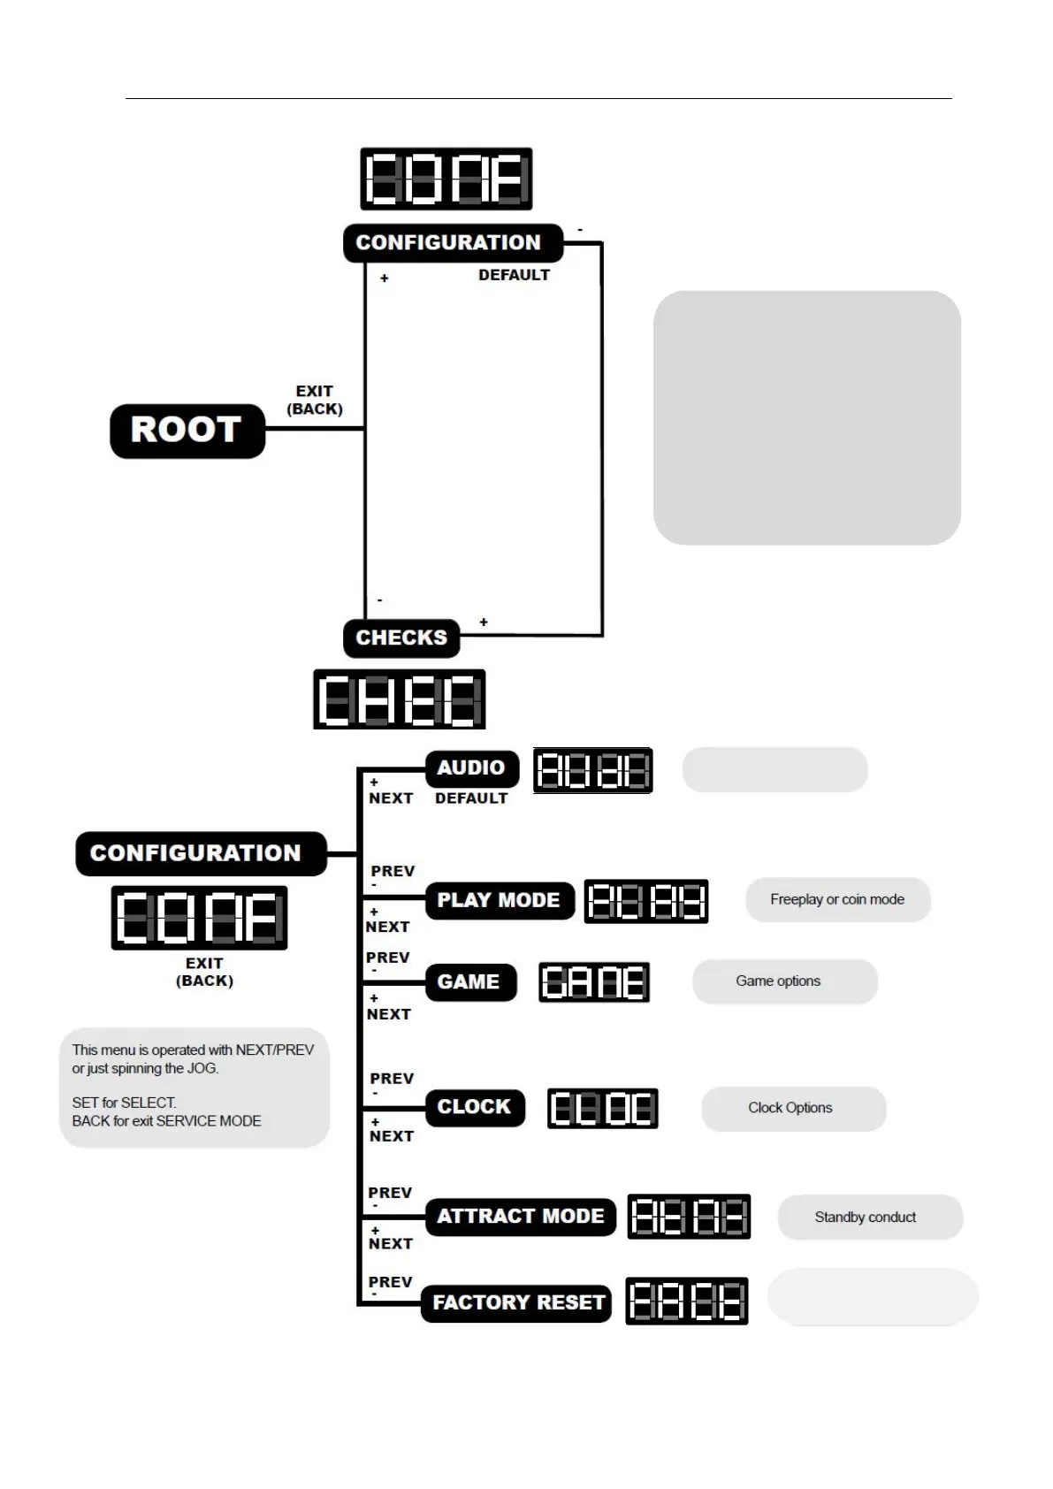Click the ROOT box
pos(187,431)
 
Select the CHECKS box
pos(401,638)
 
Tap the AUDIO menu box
pos(470,767)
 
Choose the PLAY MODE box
pos(499,900)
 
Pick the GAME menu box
pos(469,981)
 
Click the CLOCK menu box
pos(475,1107)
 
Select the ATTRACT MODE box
pos(520,1216)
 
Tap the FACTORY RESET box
pos(517,1302)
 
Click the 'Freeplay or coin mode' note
pos(837,899)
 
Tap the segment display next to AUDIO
pos(592,770)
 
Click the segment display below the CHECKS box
pos(400,699)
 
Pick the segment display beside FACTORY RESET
pos(687,1301)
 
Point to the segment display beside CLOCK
pos(602,1108)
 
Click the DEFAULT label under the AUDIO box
pos(471,798)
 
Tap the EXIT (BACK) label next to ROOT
pos(315,400)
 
